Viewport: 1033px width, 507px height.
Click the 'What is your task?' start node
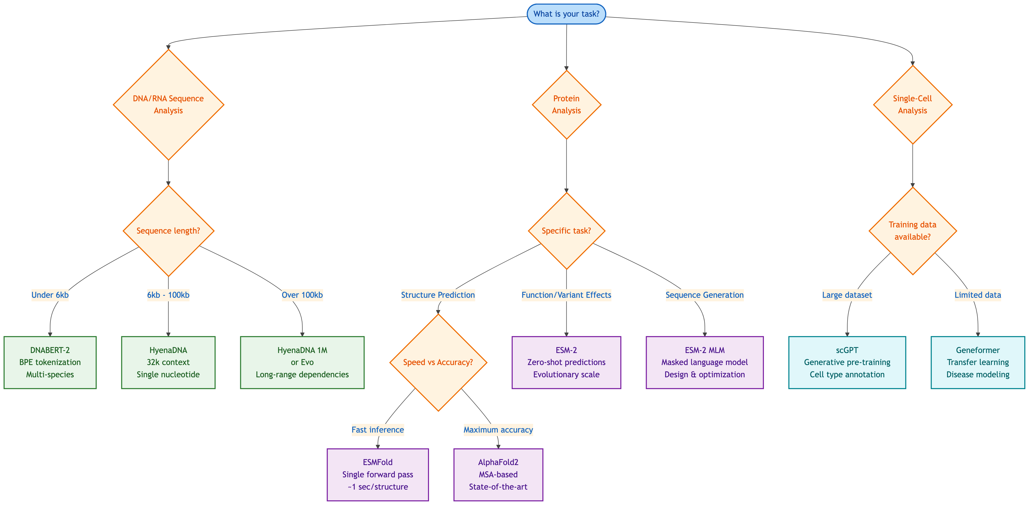coord(566,14)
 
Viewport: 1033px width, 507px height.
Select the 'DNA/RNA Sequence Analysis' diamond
coord(168,104)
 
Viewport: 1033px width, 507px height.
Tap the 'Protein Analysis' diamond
coord(566,104)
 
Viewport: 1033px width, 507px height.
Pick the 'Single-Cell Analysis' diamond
coord(912,104)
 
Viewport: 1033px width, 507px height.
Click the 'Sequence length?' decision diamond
coord(168,231)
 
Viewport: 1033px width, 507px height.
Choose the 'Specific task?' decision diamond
coord(566,231)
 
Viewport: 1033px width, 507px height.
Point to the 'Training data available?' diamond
coord(912,231)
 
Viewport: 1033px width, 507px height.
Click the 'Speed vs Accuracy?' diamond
coord(438,362)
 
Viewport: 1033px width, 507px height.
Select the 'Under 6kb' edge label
coord(50,295)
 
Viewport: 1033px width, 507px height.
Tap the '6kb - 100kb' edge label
coord(168,295)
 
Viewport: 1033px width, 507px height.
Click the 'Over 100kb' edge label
coord(302,295)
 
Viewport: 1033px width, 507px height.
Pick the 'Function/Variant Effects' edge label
coord(566,295)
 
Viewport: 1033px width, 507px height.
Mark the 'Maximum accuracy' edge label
coord(498,429)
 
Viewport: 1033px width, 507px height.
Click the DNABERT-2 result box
coord(50,362)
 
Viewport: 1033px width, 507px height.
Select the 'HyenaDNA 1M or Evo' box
coord(302,362)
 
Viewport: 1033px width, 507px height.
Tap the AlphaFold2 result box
coord(498,475)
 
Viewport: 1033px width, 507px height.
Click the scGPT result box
coord(847,362)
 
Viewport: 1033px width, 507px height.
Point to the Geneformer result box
coord(978,362)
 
